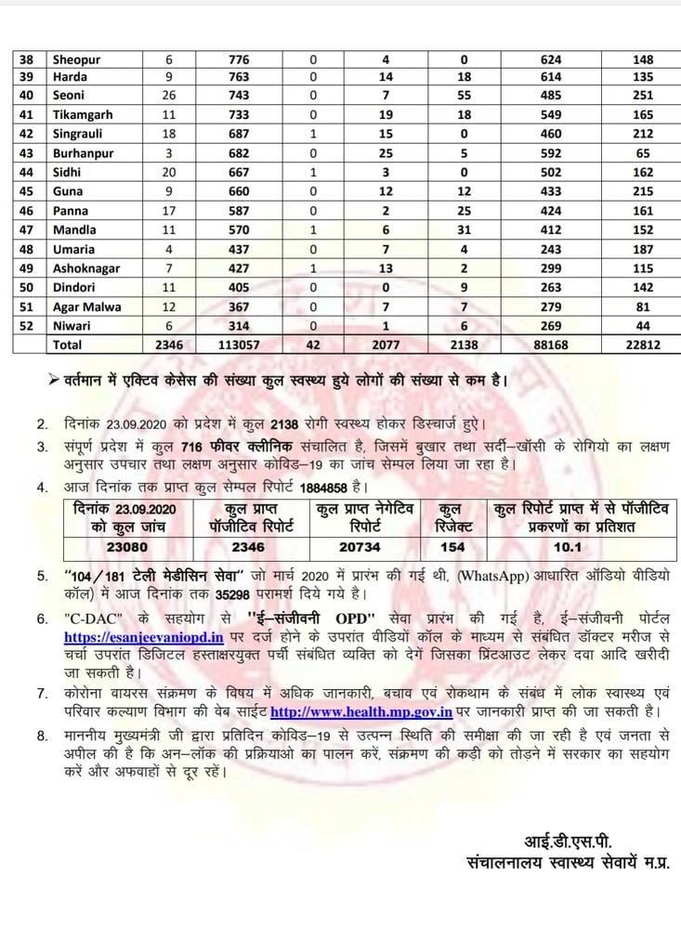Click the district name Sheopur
click(76, 60)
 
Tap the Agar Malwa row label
click(86, 306)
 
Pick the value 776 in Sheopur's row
click(239, 60)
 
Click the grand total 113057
click(239, 345)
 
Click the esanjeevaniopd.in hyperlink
click(144, 638)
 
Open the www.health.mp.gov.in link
click(361, 712)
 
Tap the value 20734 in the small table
click(360, 547)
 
